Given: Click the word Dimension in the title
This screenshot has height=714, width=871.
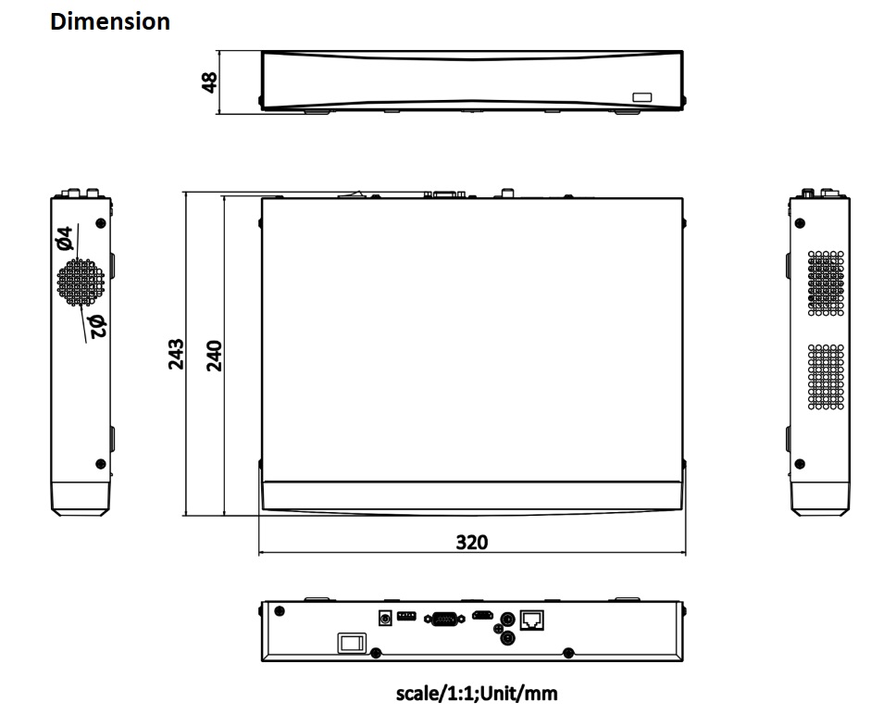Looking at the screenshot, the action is tap(110, 21).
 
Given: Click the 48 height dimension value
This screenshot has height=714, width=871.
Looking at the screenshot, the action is tap(209, 82).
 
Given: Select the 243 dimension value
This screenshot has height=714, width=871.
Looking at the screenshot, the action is tap(176, 354).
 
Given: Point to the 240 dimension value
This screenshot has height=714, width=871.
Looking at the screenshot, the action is tap(214, 356).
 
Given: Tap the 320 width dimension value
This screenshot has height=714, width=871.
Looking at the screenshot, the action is tap(472, 542).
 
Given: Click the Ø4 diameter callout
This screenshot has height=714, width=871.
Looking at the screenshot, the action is tap(64, 237).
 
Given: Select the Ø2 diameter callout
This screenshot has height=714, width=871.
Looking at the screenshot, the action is tap(96, 326).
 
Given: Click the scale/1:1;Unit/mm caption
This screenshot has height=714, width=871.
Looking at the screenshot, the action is tap(477, 694).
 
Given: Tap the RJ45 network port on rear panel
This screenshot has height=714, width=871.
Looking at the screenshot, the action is tap(531, 620).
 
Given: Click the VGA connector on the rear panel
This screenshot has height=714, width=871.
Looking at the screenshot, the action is tap(444, 619).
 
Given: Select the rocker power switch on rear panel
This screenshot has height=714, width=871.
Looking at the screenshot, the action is tap(352, 643).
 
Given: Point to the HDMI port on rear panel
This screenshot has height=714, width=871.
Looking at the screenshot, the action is tap(482, 615).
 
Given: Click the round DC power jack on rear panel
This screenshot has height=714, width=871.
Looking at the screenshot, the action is tap(384, 618).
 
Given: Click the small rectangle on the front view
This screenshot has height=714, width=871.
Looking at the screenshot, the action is tap(641, 97).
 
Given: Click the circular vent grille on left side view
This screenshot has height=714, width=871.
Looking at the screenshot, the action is tap(81, 282).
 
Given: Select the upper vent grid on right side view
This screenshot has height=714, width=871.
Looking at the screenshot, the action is tap(826, 283).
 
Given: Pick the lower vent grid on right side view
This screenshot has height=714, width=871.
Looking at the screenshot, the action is tap(826, 377).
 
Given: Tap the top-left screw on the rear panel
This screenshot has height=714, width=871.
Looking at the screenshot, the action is tap(280, 611).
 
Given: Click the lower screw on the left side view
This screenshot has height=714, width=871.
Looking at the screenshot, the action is tap(101, 463).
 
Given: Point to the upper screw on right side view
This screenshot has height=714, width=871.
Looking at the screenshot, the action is tap(800, 223).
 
